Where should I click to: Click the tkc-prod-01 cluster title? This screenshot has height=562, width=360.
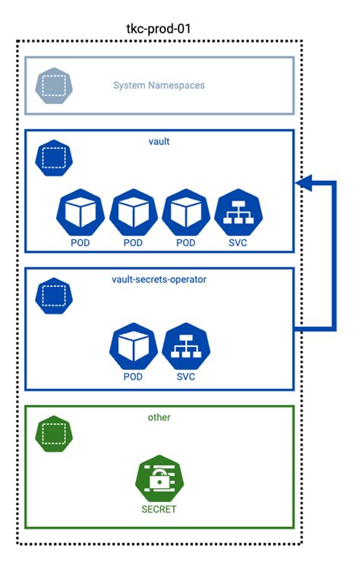click(x=159, y=28)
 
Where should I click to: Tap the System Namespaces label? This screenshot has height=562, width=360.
click(x=159, y=85)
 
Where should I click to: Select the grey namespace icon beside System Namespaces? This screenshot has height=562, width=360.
click(x=51, y=85)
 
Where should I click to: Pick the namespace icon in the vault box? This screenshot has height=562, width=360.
click(x=52, y=158)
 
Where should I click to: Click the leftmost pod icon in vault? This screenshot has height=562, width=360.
click(x=79, y=213)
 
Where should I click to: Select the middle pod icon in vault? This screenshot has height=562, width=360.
click(x=132, y=213)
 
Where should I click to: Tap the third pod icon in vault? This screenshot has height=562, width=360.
click(x=185, y=213)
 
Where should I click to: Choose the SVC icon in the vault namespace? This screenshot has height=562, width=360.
click(x=238, y=213)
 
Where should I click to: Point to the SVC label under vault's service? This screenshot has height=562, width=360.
click(x=238, y=243)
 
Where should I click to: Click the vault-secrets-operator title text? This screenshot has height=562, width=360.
click(x=159, y=279)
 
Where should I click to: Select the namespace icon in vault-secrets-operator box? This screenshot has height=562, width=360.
click(x=52, y=296)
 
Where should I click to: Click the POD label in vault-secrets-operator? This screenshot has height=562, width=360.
click(x=132, y=377)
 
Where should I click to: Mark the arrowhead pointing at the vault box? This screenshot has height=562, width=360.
click(x=303, y=183)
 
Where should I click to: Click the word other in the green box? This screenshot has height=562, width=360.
click(x=159, y=418)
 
